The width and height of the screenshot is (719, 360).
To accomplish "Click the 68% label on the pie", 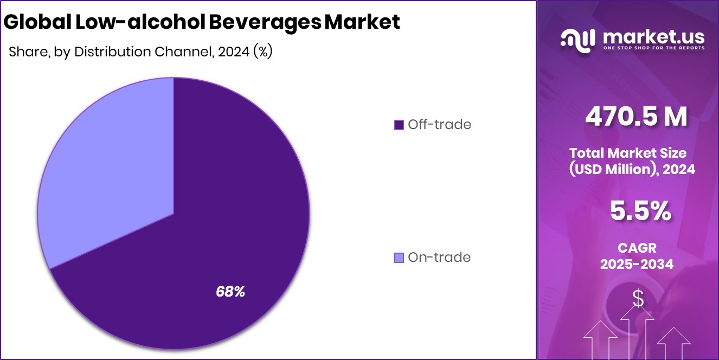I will tap(230, 292).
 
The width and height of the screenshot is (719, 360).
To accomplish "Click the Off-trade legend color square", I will tap(399, 125).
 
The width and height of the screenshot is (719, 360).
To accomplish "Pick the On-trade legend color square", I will tap(399, 258).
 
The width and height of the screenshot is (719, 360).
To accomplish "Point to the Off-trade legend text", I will tap(439, 125).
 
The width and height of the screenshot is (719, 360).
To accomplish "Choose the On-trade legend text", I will tap(439, 258).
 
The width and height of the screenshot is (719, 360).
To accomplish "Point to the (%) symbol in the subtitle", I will tap(262, 52).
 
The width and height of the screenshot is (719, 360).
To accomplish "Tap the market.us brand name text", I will tap(653, 37).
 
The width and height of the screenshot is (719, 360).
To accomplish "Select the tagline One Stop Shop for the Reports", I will tap(653, 48).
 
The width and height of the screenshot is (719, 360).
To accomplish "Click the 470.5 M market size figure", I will tap(636, 117).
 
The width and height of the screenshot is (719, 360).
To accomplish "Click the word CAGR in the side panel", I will tap(637, 248).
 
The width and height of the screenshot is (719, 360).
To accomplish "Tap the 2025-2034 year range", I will tap(637, 264).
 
